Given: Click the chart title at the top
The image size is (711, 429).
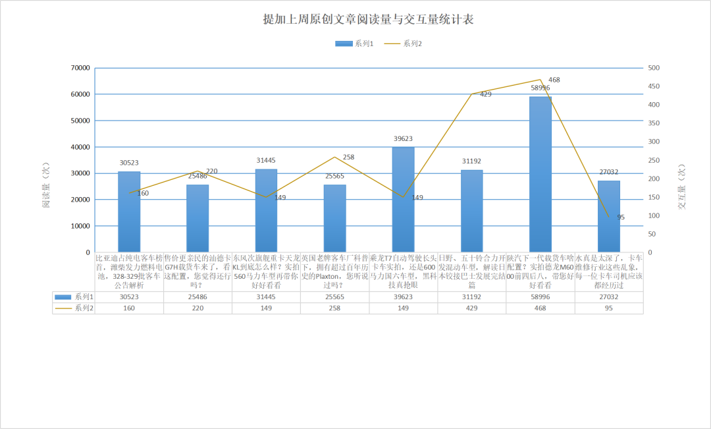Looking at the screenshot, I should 368,20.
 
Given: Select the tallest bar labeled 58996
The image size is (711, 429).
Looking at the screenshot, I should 540,174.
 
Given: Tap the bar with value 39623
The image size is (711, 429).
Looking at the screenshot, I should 403,199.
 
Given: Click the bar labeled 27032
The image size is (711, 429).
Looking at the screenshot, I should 608,216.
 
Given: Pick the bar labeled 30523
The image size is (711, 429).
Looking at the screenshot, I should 129,212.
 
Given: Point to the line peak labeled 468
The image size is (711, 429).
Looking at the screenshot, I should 540,80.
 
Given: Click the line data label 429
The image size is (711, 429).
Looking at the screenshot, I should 486,95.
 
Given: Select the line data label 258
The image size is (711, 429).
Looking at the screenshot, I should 348,157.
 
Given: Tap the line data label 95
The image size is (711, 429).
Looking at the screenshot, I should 621,217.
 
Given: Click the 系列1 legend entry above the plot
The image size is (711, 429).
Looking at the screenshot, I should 355,43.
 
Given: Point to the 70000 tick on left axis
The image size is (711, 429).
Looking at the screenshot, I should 80,68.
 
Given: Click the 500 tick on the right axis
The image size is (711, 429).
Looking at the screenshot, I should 654,68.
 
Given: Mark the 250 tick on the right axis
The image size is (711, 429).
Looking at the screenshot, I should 654,160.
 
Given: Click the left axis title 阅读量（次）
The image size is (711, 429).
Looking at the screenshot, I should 46,185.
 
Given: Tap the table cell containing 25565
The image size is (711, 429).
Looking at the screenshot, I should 334,297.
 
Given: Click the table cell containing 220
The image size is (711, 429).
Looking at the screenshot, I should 197,308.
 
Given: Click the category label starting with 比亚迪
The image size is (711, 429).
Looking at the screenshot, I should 129,272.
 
